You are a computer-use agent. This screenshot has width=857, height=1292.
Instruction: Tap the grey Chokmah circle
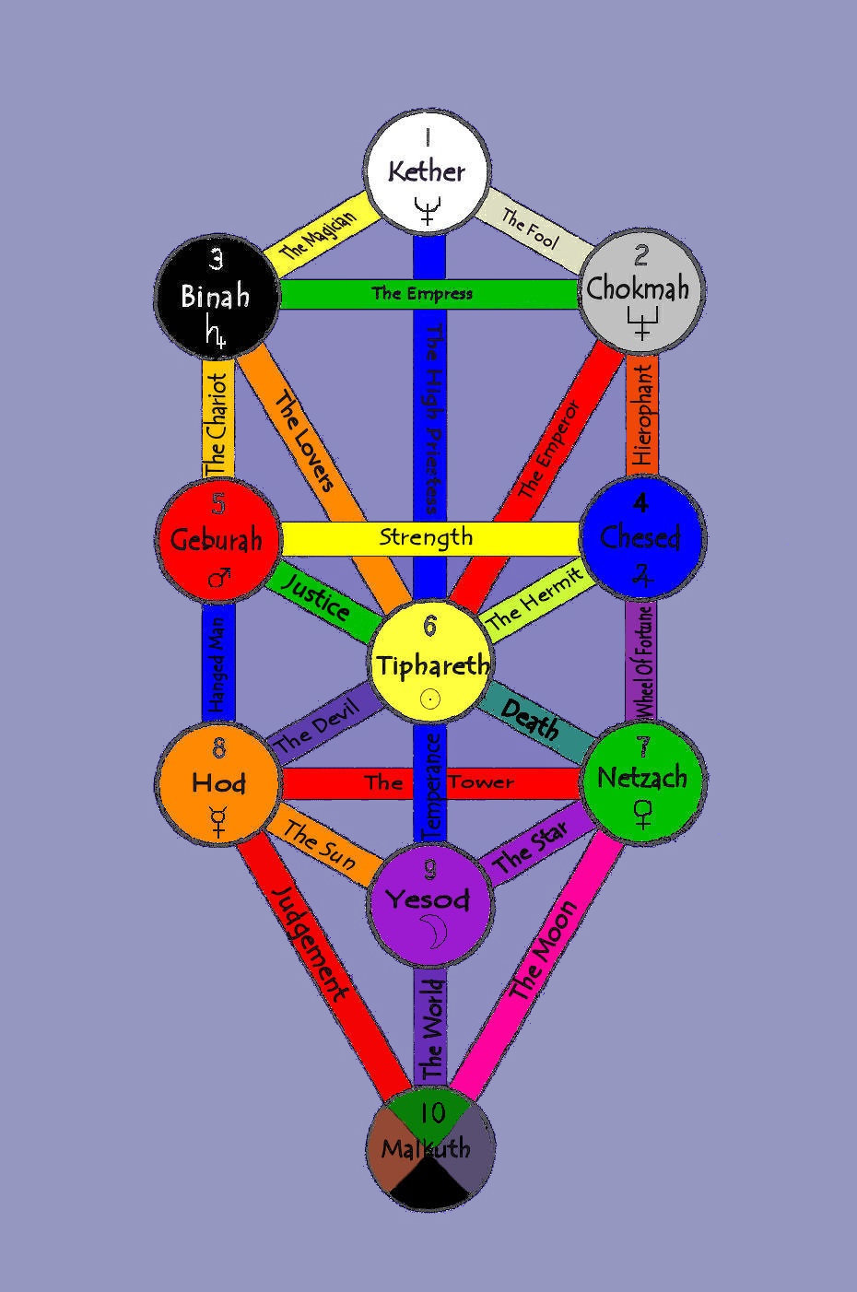click(x=638, y=288)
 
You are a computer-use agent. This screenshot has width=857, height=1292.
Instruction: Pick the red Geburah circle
click(x=217, y=539)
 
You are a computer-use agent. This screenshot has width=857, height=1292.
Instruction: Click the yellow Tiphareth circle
click(x=430, y=664)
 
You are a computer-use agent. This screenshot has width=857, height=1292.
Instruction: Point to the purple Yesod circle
click(x=428, y=899)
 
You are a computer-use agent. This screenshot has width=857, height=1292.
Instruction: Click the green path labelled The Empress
click(x=421, y=294)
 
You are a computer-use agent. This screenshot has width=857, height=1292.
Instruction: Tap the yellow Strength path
click(x=426, y=537)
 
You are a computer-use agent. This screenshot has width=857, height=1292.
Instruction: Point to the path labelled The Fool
click(x=531, y=227)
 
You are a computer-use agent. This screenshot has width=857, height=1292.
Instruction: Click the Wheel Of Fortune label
click(x=643, y=662)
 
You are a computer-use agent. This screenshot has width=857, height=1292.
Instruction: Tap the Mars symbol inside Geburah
click(x=219, y=578)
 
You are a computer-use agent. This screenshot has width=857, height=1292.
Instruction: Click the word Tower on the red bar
click(x=481, y=782)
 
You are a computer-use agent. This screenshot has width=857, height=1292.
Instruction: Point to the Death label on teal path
click(x=531, y=722)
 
